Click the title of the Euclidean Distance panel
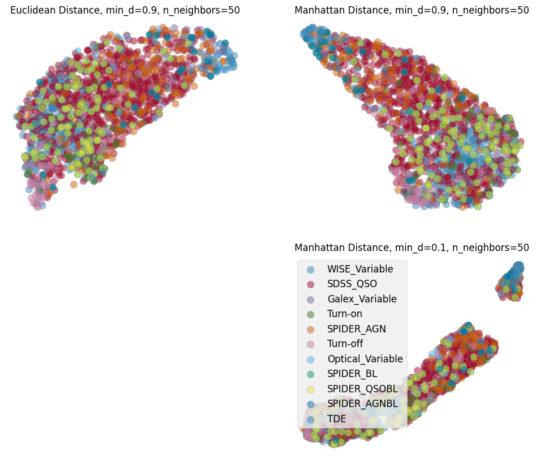pyautogui.click(x=125, y=10)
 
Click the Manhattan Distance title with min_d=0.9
pyautogui.click(x=412, y=10)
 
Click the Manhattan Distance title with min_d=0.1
pyautogui.click(x=412, y=248)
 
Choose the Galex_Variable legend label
pyautogui.click(x=362, y=299)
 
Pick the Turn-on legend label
pyautogui.click(x=344, y=314)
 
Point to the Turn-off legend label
pyautogui.click(x=345, y=344)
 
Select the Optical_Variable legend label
pyautogui.click(x=365, y=359)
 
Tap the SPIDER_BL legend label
pyautogui.click(x=352, y=374)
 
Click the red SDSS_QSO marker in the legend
pyautogui.click(x=310, y=284)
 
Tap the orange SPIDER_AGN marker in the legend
pyautogui.click(x=310, y=329)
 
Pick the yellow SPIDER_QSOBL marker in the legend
pyautogui.click(x=310, y=389)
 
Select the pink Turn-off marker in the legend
pyautogui.click(x=310, y=344)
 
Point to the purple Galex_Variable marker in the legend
pyautogui.click(x=310, y=299)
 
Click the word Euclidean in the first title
pyautogui.click(x=33, y=10)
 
